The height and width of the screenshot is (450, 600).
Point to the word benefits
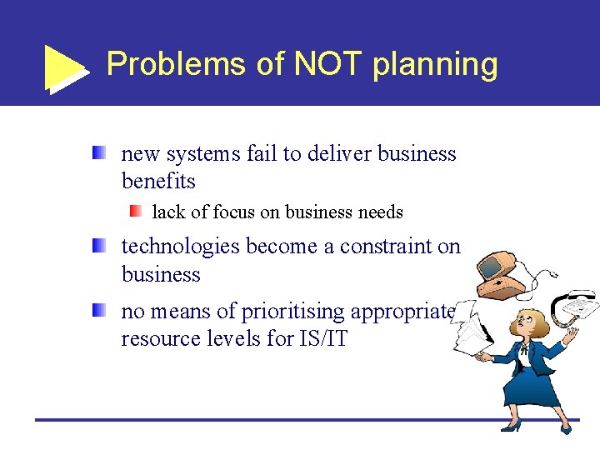tap(158, 182)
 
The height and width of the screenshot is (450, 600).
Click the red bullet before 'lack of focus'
tap(136, 212)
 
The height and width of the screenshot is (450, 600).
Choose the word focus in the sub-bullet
tap(236, 212)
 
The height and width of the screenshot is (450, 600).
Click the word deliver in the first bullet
tap(342, 154)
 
